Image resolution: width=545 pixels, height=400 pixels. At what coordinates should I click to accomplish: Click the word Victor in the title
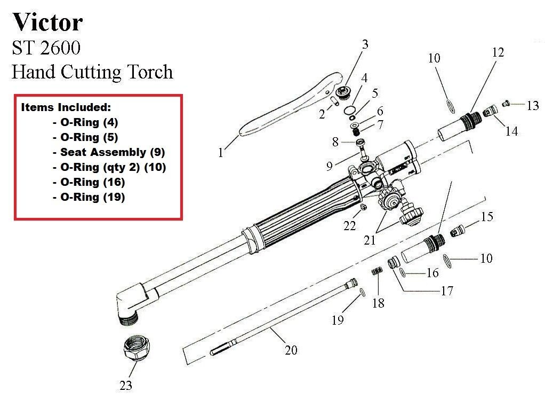click(x=48, y=22)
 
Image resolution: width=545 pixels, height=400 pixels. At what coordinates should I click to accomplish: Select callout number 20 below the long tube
click(x=291, y=350)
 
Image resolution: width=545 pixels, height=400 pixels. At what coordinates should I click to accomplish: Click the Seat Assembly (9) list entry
click(x=113, y=152)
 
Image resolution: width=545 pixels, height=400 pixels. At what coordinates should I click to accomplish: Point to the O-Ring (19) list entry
click(x=92, y=197)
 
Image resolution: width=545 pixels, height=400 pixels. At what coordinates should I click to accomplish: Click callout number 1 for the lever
click(x=220, y=153)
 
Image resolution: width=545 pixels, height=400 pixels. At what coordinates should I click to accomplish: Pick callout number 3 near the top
click(x=365, y=44)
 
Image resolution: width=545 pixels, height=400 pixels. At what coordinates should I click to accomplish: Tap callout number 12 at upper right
click(x=498, y=52)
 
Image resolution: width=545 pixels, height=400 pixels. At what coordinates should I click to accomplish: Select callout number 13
click(x=533, y=106)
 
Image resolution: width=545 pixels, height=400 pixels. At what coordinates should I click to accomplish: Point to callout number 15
click(x=487, y=217)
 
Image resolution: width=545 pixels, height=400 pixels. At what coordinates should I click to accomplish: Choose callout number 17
click(x=446, y=291)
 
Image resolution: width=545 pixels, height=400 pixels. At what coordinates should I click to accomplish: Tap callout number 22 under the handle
click(x=349, y=226)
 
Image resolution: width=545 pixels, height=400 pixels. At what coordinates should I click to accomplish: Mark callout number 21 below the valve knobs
click(x=370, y=240)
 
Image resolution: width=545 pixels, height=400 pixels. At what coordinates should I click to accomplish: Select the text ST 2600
click(x=46, y=48)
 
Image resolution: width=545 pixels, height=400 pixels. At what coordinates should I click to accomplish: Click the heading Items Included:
click(x=66, y=107)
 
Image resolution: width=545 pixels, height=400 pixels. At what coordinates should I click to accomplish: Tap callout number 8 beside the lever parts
click(x=335, y=142)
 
